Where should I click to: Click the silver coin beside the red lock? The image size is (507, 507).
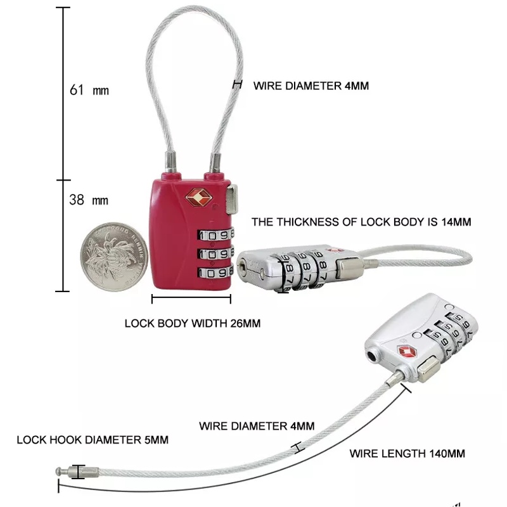coord(113,256)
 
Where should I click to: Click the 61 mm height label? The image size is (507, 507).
coord(89,90)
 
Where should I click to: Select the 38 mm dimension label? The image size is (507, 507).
coord(89,200)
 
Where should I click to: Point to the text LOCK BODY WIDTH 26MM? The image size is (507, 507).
coord(192,323)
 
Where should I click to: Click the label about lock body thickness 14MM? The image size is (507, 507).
coord(361,222)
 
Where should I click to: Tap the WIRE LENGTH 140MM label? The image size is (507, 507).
coord(408,453)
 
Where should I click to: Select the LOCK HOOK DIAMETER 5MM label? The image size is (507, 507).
coord(93,439)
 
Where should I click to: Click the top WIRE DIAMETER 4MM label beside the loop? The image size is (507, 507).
coord(311,86)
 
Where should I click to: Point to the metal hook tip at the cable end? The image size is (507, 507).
coord(61,472)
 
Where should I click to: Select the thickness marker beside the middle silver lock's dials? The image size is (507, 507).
coord(283,273)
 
